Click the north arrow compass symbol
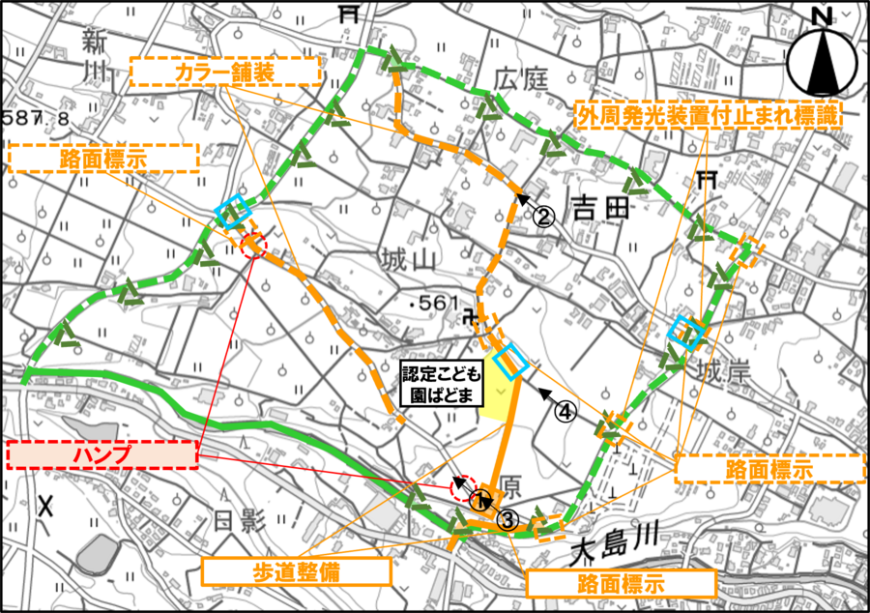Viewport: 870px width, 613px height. coord(822,56)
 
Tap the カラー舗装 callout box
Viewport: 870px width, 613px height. coord(224,72)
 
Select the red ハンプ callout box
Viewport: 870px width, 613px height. coord(101,454)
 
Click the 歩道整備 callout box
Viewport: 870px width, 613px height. coord(297,571)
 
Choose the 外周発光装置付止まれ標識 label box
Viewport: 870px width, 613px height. coord(709,115)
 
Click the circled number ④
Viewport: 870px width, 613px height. coord(565,411)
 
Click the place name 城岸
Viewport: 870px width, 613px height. coord(723,371)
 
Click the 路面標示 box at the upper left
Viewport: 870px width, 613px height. coord(102,159)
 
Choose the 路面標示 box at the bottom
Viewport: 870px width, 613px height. coord(621,584)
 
